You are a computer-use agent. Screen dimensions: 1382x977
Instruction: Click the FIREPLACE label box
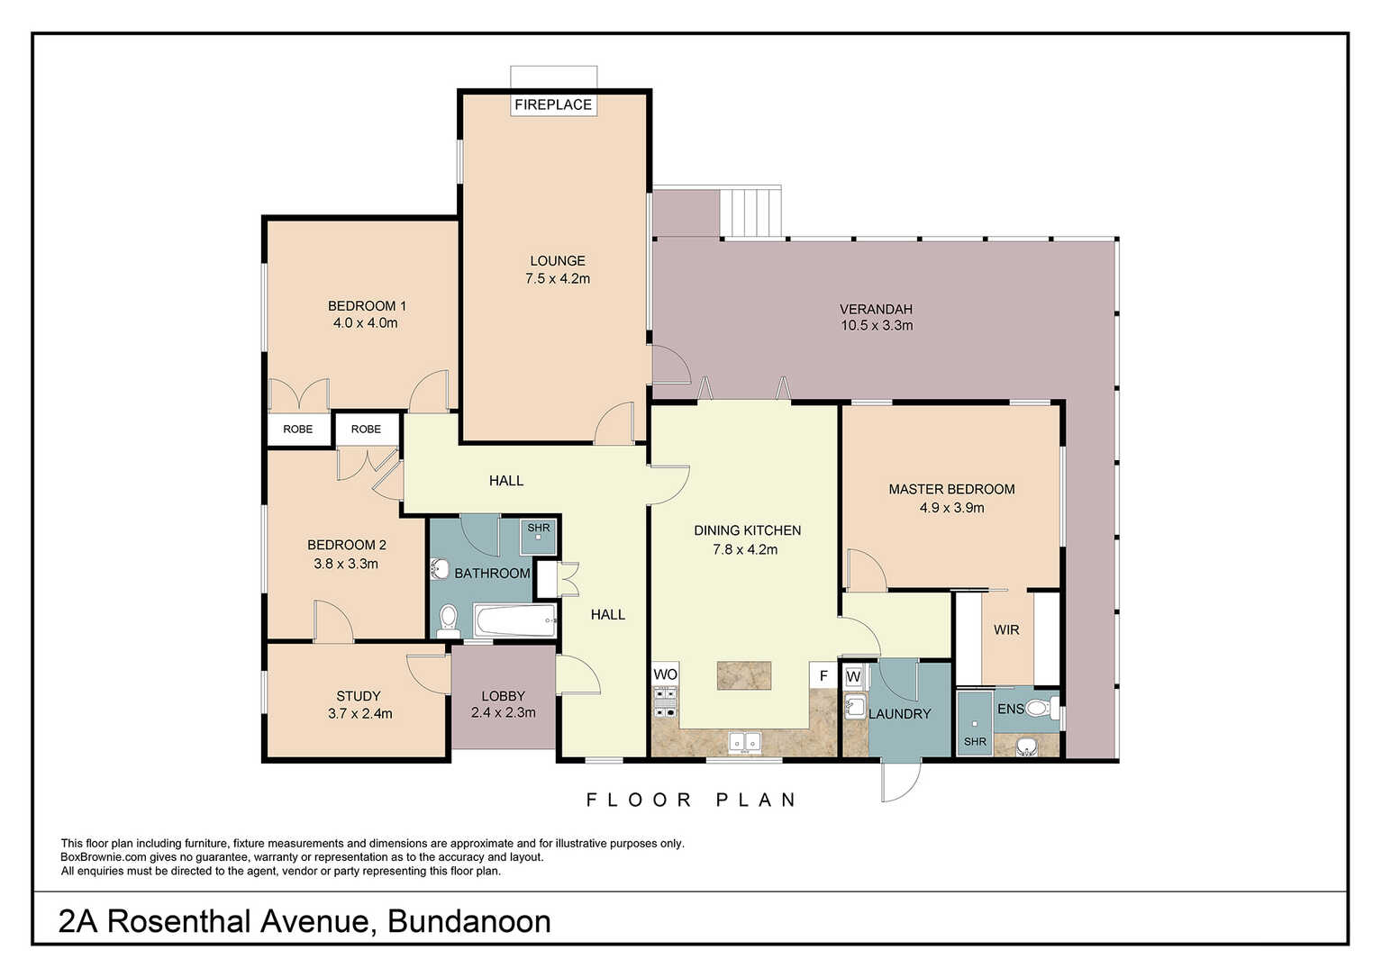pos(553,104)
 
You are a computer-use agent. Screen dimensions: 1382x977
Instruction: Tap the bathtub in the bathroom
pos(515,620)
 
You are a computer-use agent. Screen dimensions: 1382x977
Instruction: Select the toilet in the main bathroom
pos(448,621)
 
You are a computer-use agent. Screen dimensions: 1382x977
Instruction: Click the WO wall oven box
pos(665,674)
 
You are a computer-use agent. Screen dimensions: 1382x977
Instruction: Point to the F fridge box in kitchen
pos(823,675)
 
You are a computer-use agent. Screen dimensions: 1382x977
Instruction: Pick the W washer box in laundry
pos(853,676)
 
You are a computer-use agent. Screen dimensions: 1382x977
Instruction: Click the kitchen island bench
pos(744,675)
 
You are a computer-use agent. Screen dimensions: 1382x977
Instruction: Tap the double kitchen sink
pos(745,743)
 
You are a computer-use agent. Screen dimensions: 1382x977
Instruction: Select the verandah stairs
pos(750,213)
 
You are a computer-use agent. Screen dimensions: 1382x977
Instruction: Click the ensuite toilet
pos(1041,709)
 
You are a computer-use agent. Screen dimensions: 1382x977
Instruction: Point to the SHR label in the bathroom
pos(539,528)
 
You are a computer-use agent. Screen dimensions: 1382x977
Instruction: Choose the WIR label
pos(1006,629)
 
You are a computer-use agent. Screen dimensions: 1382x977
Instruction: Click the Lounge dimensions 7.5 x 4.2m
pos(558,279)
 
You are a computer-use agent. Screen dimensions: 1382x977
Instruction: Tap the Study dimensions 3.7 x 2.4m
pos(360,714)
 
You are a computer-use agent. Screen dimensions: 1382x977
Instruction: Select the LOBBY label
pos(504,696)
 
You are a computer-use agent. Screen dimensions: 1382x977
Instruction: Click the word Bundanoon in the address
pos(469,922)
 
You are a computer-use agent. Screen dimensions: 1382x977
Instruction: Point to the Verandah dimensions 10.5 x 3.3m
pos(877,325)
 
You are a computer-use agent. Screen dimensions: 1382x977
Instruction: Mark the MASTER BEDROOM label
pos(952,489)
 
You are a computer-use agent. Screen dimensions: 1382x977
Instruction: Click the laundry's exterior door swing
pos(902,781)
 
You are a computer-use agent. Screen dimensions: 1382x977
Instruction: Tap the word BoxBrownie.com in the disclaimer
pos(104,857)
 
